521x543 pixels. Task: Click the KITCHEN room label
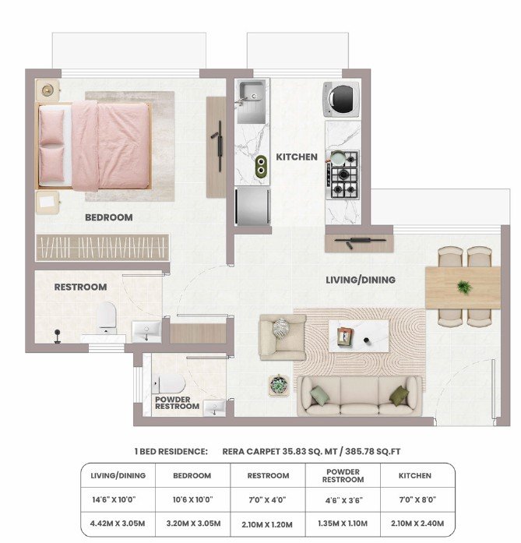[297, 157]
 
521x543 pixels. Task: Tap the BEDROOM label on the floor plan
[109, 217]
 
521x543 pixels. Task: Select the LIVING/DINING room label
[361, 280]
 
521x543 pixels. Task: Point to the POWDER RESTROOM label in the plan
[177, 403]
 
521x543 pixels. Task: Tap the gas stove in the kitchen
[343, 175]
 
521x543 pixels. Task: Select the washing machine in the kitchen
[341, 99]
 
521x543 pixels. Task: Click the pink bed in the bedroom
[93, 146]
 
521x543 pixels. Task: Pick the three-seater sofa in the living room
[359, 396]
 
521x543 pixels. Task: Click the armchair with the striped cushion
[283, 337]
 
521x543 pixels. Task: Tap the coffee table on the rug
[358, 336]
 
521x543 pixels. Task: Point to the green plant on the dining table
[464, 287]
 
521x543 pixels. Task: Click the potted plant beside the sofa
[279, 385]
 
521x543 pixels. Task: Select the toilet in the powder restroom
[168, 384]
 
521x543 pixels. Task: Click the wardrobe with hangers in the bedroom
[103, 248]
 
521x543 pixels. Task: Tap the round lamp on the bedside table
[48, 90]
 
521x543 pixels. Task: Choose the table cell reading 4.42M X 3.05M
[118, 524]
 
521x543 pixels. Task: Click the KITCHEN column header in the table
[415, 476]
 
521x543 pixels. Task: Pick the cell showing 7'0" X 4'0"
[267, 499]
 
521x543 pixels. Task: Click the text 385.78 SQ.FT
[372, 452]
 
